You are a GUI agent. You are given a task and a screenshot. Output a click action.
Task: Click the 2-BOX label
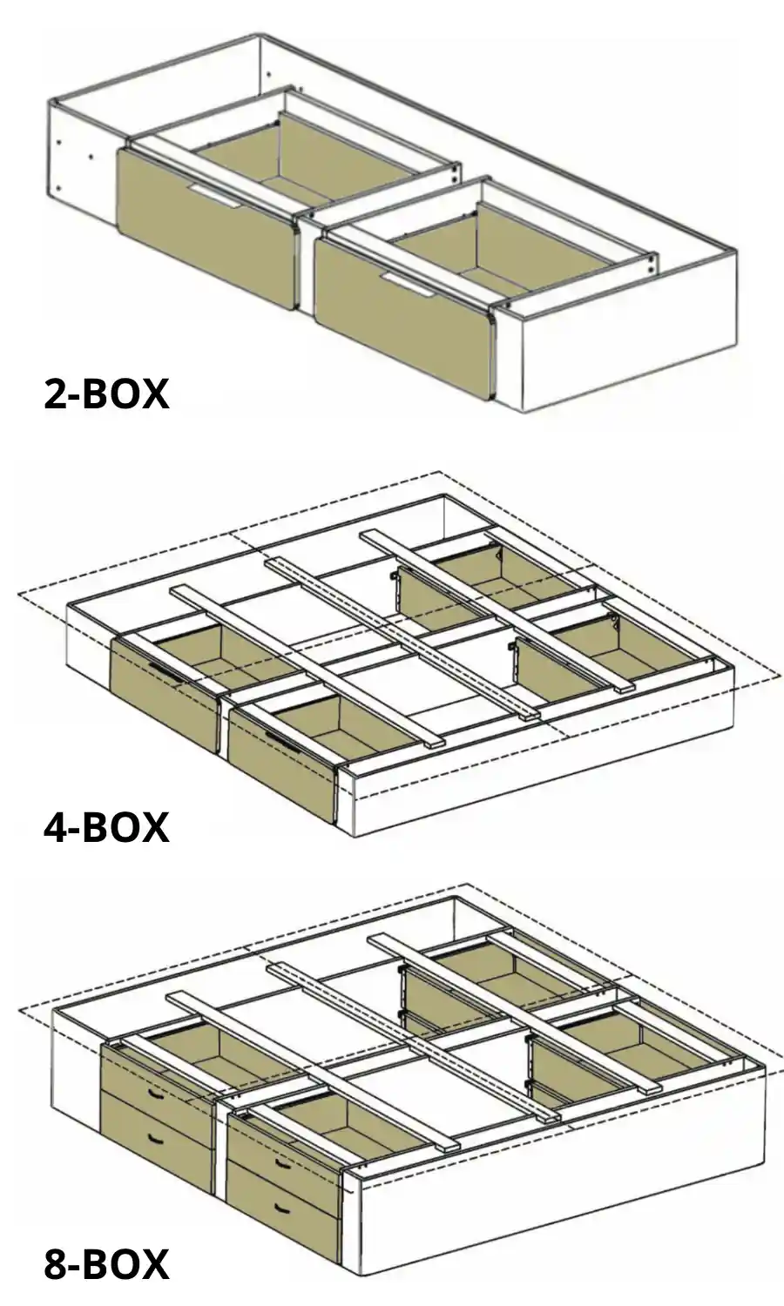tap(106, 394)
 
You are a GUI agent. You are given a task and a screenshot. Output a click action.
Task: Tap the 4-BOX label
tap(106, 826)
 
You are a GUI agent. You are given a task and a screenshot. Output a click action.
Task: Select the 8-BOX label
tap(106, 1264)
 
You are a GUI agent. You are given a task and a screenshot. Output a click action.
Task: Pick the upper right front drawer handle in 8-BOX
tap(280, 1162)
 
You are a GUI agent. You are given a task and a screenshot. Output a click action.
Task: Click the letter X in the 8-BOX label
tap(153, 1264)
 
